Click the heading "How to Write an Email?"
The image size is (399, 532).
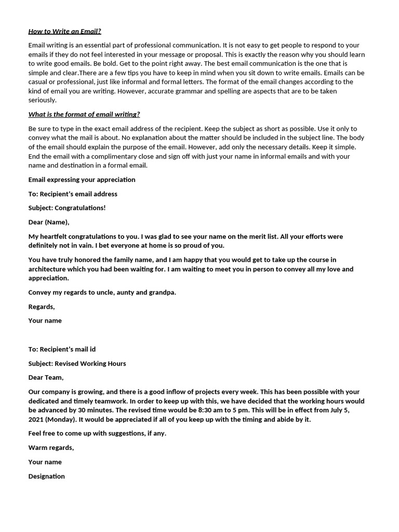pyautogui.click(x=64, y=31)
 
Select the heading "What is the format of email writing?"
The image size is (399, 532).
pyautogui.click(x=84, y=114)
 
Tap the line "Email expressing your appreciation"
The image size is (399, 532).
pyautogui.click(x=82, y=180)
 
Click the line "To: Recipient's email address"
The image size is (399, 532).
pyautogui.click(x=73, y=194)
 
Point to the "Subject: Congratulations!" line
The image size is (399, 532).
pyautogui.click(x=67, y=208)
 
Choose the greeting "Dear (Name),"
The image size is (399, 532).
pyautogui.click(x=49, y=222)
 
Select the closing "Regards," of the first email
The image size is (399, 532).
pyautogui.click(x=42, y=307)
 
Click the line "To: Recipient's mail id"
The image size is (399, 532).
pyautogui.click(x=62, y=349)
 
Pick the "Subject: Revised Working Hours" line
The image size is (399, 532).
pyautogui.click(x=77, y=364)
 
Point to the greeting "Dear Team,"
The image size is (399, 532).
pyautogui.click(x=46, y=378)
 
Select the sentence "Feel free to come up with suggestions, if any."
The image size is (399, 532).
pyautogui.click(x=97, y=433)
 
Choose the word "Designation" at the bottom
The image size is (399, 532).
pyautogui.click(x=47, y=476)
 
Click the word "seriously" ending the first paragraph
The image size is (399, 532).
pyautogui.click(x=42, y=100)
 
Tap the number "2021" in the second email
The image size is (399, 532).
pyautogui.click(x=37, y=419)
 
